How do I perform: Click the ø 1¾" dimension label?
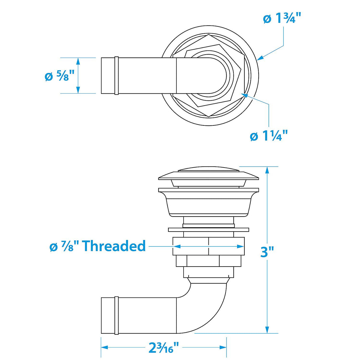282,19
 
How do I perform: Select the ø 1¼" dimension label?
269,136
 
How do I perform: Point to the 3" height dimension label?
267,252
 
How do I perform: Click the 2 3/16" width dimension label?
164,347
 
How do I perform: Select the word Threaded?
114,246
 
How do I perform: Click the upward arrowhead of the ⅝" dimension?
78,61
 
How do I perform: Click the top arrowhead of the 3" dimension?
267,170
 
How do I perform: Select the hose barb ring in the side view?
117,315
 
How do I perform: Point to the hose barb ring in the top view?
117,76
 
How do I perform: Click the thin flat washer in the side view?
208,230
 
